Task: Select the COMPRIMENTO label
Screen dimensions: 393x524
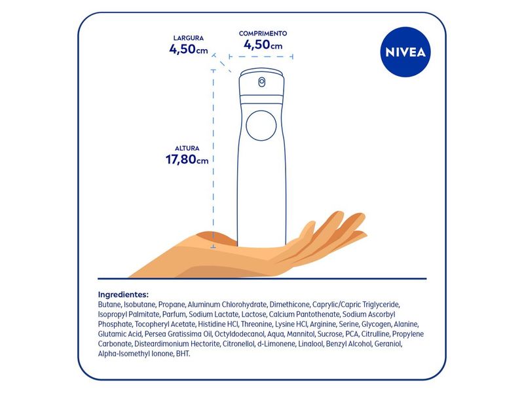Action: (x=263, y=33)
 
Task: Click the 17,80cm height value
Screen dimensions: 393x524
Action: (x=188, y=160)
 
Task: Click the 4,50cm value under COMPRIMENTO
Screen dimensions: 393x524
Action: (x=263, y=45)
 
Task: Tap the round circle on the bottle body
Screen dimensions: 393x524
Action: (x=260, y=125)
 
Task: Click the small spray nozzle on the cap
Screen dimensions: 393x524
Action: (x=262, y=82)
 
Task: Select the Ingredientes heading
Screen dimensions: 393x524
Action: (x=123, y=294)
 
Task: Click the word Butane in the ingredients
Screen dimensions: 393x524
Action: (x=109, y=305)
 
